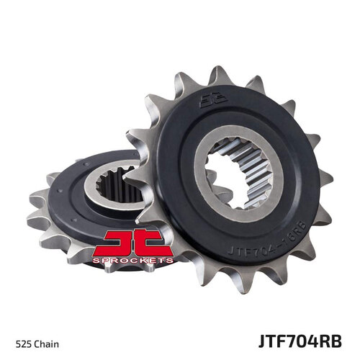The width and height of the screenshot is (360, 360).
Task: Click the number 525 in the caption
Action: click(22, 337)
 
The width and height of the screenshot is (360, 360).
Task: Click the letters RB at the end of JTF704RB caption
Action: click(338, 336)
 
